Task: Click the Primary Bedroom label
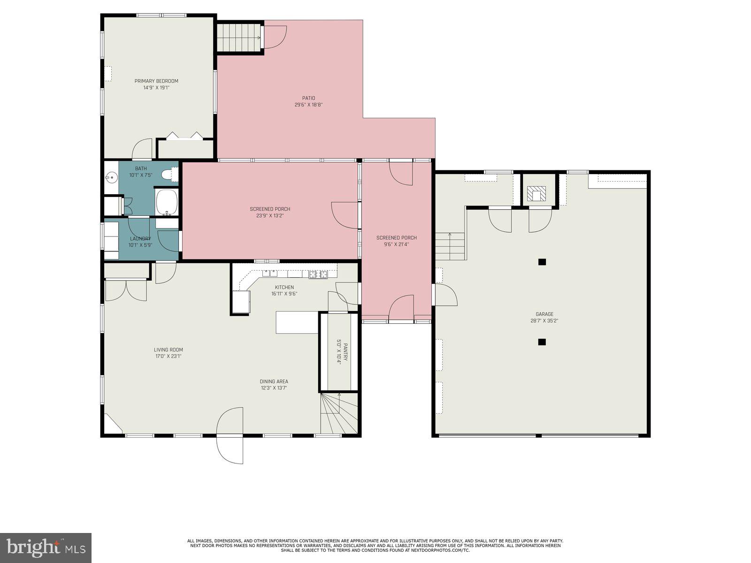click(156, 81)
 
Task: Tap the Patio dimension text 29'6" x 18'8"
click(308, 105)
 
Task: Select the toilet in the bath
click(168, 175)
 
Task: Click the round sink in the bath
click(111, 178)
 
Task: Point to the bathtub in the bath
click(166, 202)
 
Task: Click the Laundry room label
click(140, 239)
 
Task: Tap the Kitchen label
click(284, 288)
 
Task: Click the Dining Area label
click(274, 381)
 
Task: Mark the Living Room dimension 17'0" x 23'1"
click(169, 356)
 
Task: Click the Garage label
click(544, 314)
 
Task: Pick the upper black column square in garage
click(542, 262)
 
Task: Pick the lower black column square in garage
click(542, 342)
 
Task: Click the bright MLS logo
click(46, 548)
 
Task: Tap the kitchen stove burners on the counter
click(318, 274)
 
